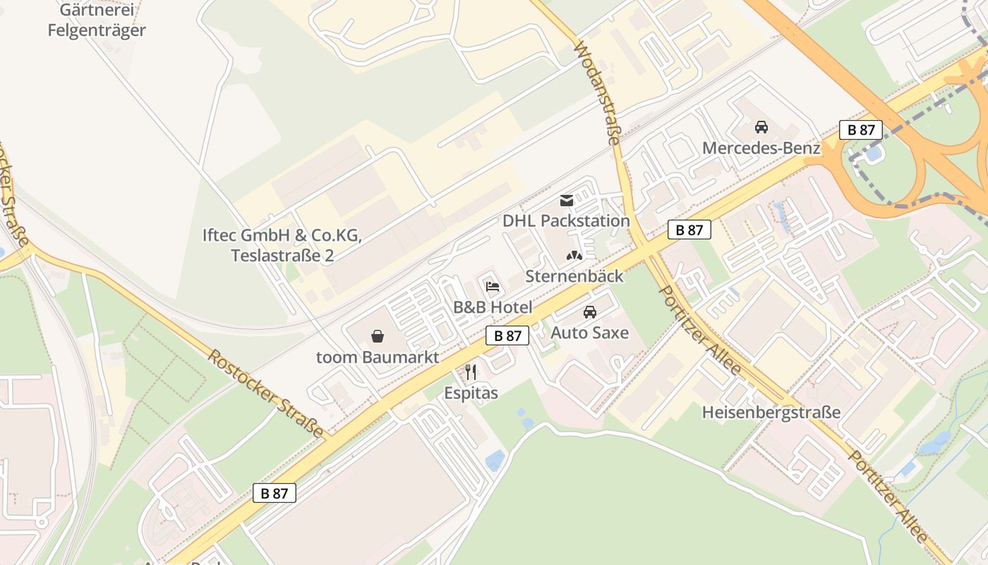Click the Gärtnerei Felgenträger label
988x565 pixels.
[x=97, y=20]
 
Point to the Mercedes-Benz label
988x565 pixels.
[x=761, y=148]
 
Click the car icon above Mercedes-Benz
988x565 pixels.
[x=761, y=128]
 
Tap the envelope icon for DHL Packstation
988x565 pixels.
[x=566, y=201]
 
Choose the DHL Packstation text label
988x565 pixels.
[x=566, y=221]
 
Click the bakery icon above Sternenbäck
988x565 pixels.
[x=574, y=256]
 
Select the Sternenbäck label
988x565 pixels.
[x=574, y=276]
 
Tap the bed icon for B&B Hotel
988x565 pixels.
[x=493, y=287]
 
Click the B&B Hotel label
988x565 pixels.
[x=493, y=307]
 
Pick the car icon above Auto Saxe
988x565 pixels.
[x=589, y=312]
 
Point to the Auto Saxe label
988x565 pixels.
[x=589, y=333]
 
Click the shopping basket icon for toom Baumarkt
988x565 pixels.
[x=378, y=336]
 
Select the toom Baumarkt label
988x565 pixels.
[x=378, y=357]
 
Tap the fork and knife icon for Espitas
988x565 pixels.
[x=471, y=372]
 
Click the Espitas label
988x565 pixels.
[x=471, y=393]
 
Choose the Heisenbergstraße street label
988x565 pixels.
[x=771, y=412]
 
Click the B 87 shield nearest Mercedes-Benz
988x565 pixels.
[x=861, y=130]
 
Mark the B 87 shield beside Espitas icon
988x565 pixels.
[x=507, y=336]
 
